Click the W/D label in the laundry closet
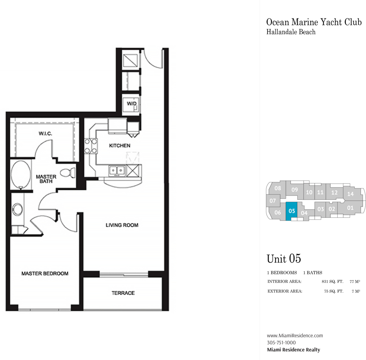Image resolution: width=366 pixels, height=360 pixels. point(132,103)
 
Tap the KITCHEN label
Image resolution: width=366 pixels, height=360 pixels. point(120,145)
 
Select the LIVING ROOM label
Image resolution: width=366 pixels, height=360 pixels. point(122,225)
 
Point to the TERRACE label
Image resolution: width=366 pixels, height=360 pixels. point(123,293)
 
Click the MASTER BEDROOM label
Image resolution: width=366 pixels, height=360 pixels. point(45,273)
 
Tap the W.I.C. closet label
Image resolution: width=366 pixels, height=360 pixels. point(45,133)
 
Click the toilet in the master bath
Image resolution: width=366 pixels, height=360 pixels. point(68,173)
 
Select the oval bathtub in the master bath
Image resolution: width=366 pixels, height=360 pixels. point(21,174)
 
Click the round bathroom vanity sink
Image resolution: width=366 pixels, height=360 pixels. point(17,209)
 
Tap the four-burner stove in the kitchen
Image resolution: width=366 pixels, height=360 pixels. point(91,146)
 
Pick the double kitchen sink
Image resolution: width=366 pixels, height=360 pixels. point(117,170)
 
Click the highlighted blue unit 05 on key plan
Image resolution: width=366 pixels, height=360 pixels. point(291,211)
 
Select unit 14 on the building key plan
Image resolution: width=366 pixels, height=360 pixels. point(350,194)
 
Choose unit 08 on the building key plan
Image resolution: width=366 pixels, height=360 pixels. point(278,188)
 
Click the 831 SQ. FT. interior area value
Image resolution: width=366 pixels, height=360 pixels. point(332,281)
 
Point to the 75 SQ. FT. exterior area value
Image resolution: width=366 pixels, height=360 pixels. point(333,291)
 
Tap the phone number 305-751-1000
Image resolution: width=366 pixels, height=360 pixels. point(281,342)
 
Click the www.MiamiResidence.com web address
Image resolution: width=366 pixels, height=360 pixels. point(295,336)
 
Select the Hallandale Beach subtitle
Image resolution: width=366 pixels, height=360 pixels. point(291,32)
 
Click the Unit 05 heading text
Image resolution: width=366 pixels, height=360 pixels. point(284,259)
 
